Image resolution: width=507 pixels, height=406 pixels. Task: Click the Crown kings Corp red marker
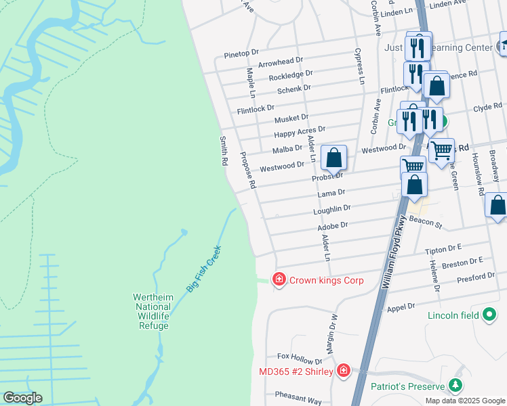[x=278, y=279]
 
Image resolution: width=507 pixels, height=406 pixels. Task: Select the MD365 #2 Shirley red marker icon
[x=344, y=371]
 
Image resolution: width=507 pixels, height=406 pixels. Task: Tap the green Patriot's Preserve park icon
[x=455, y=386]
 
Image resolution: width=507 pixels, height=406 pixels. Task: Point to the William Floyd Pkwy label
[x=394, y=252]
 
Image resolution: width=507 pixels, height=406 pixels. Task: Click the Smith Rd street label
[x=223, y=152]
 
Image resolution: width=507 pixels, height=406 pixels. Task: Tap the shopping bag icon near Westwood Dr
[x=333, y=159]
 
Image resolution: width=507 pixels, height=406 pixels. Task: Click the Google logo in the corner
[x=22, y=398]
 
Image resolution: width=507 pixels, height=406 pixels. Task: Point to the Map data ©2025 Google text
[x=465, y=401]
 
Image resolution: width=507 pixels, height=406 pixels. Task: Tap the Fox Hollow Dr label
[x=300, y=356]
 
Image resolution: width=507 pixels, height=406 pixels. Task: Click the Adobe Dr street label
[x=332, y=225]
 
